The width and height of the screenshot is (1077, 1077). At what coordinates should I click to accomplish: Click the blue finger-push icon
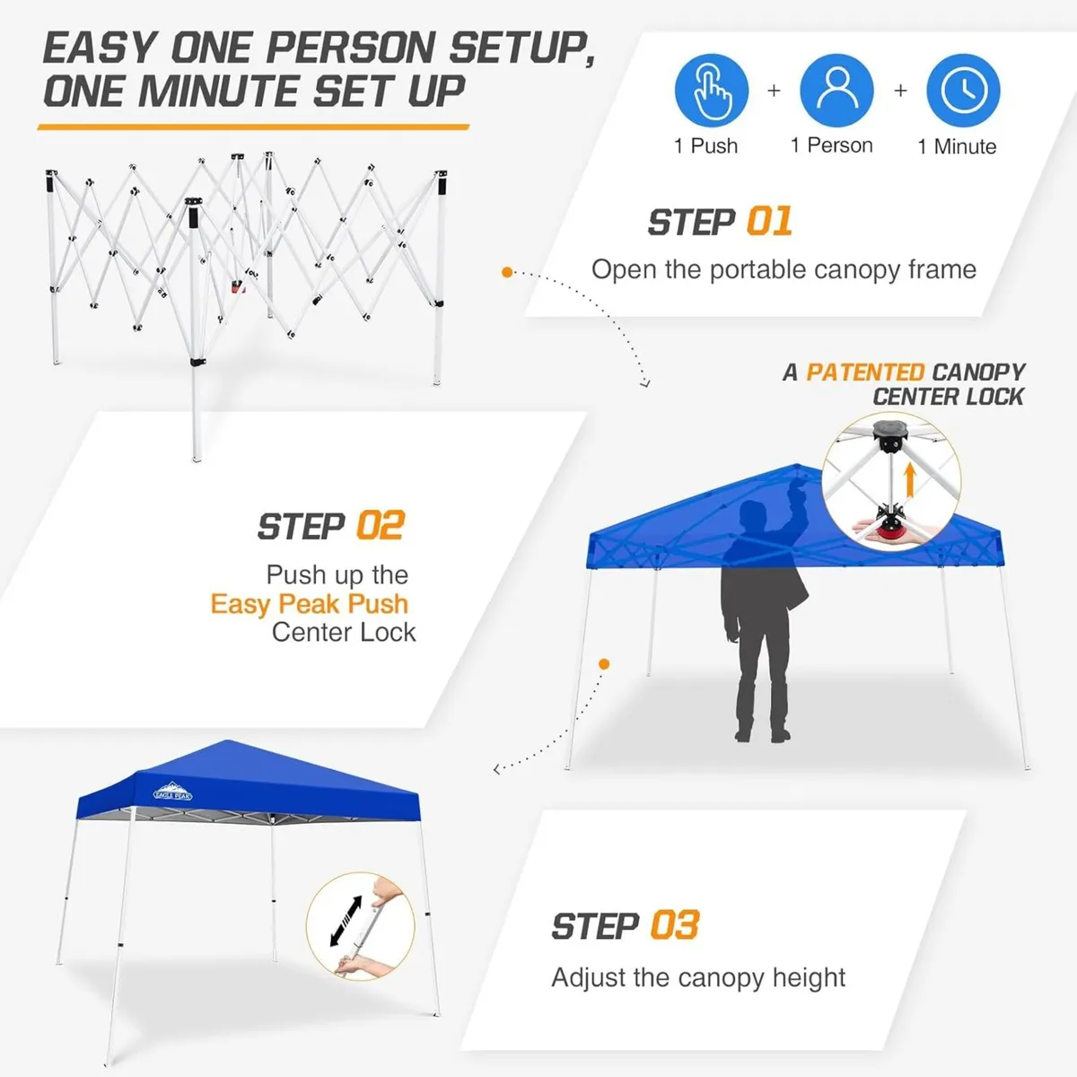(x=712, y=90)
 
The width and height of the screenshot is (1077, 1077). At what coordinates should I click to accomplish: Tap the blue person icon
(x=836, y=90)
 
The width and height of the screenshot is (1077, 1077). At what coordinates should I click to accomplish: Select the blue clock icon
(x=963, y=90)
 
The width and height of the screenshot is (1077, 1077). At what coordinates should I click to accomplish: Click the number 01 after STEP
(x=769, y=222)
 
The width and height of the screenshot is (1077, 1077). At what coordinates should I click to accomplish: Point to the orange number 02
(x=381, y=526)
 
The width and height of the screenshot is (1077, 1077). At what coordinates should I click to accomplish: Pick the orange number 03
(x=674, y=925)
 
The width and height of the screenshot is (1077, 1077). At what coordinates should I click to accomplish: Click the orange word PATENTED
(x=865, y=372)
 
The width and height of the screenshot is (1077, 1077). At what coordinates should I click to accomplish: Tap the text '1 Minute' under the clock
(x=957, y=147)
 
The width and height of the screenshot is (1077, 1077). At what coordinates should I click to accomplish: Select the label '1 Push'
(x=706, y=146)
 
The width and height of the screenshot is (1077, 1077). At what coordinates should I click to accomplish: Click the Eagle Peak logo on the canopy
(x=172, y=789)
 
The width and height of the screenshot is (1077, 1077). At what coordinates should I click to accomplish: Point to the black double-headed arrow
(x=346, y=920)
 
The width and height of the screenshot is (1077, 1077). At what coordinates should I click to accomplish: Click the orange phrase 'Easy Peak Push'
(x=310, y=604)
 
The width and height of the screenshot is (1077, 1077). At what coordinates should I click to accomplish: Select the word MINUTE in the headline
(x=223, y=92)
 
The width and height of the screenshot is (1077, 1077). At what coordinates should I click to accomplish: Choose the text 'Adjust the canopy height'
(x=698, y=977)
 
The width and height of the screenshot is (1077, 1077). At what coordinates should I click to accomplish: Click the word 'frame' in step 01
(x=941, y=269)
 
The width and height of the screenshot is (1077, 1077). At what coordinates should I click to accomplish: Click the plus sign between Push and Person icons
(x=774, y=91)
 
